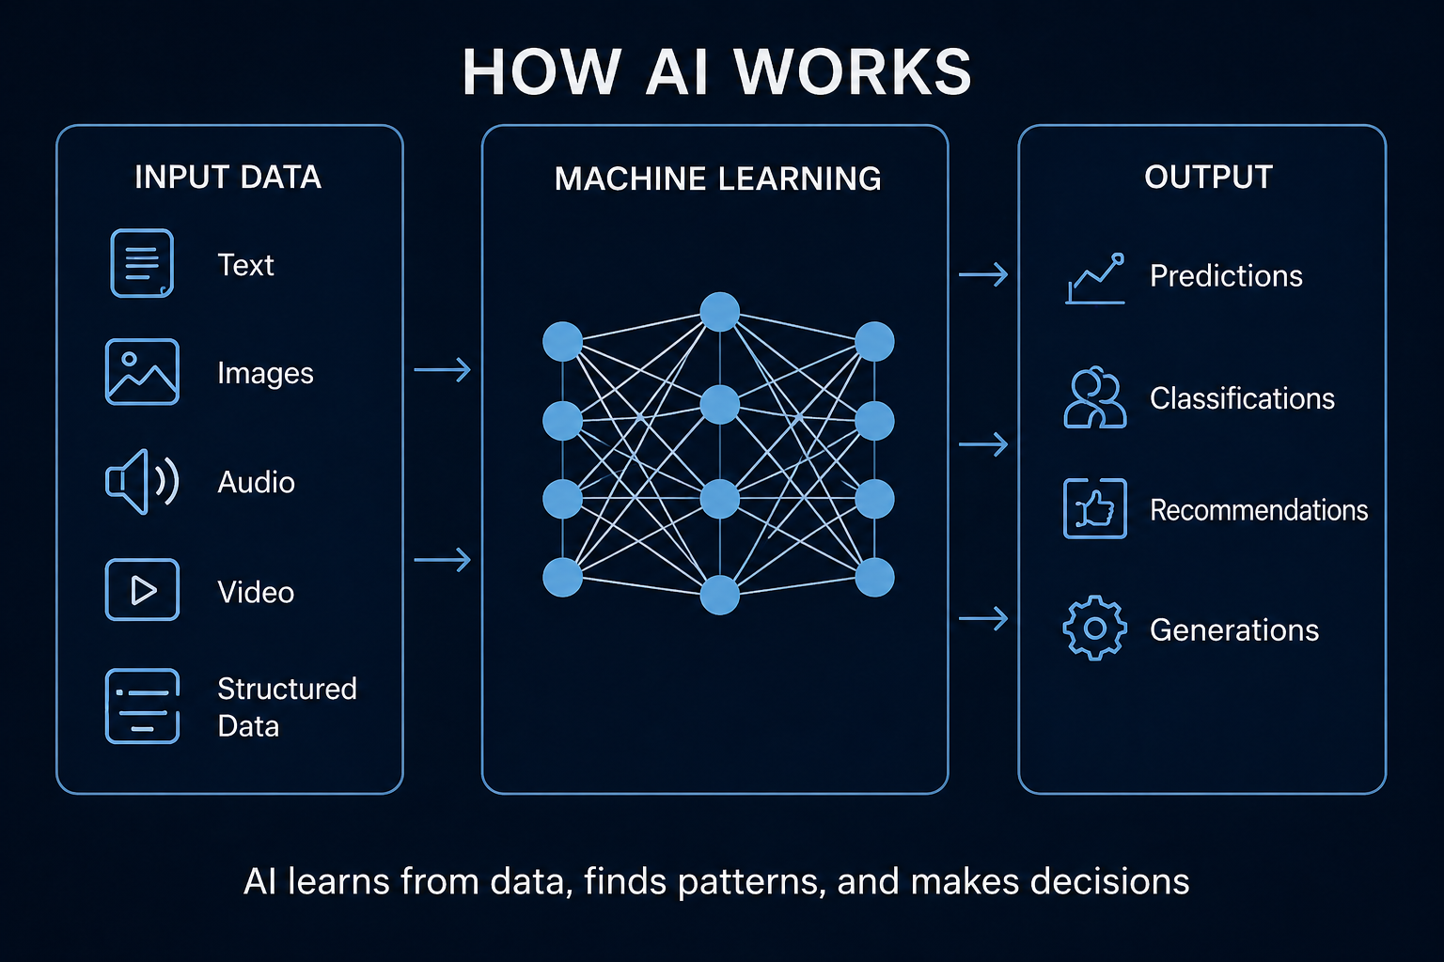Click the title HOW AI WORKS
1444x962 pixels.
[x=716, y=72]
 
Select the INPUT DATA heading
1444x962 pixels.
[x=228, y=178]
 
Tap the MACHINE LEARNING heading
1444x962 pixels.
[x=717, y=178]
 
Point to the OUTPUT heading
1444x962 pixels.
[x=1208, y=178]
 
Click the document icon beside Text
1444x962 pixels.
[x=142, y=263]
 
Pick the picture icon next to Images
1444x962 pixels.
[x=142, y=372]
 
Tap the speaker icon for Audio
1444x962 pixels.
[x=142, y=481]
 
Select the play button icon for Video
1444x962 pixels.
[x=142, y=590]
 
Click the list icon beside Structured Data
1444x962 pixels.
[x=142, y=706]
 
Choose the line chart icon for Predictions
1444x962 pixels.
[x=1095, y=278]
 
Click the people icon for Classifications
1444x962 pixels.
[x=1094, y=398]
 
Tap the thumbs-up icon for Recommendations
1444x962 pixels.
[x=1094, y=508]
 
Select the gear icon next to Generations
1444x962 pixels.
[x=1094, y=628]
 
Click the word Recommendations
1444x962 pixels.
[x=1258, y=510]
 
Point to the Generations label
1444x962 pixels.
[x=1233, y=629]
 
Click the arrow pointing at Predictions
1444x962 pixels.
[x=983, y=274]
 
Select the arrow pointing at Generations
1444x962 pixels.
[x=983, y=618]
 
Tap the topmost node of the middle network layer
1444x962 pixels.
[x=720, y=312]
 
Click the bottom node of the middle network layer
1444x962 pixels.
[x=720, y=595]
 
